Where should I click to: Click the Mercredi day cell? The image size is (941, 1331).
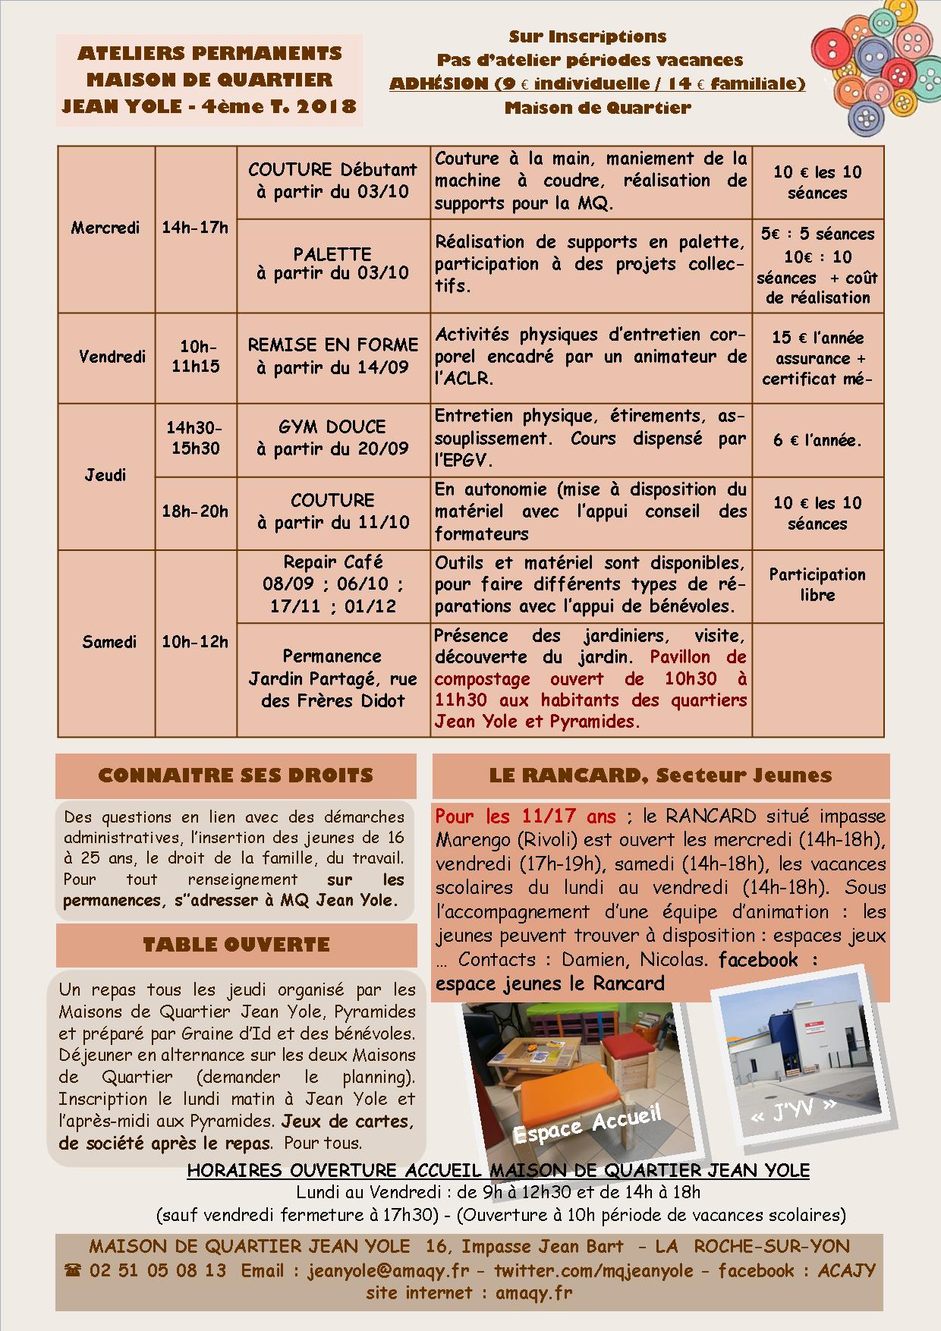[x=105, y=228]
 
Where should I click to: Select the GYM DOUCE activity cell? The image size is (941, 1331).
[x=332, y=438]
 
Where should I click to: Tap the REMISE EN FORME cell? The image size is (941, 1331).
[x=332, y=356]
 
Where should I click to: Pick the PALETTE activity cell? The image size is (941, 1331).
[x=332, y=263]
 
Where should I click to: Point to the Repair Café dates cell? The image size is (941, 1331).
[x=332, y=584]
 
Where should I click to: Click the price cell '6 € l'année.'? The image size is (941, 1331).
[x=817, y=440]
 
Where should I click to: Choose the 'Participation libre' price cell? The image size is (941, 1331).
[x=817, y=585]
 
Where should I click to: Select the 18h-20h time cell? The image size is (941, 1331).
[x=195, y=512]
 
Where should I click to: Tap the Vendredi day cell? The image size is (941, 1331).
[x=112, y=357]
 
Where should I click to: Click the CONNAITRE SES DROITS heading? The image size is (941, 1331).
[x=236, y=776]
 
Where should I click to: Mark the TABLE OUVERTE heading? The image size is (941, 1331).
[x=236, y=945]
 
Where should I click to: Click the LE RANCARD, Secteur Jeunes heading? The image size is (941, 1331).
[x=660, y=776]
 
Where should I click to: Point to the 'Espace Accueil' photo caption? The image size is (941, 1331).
[x=587, y=1123]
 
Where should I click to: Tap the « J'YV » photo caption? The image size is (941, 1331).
[x=793, y=1109]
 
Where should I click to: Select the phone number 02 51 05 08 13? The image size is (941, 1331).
[x=157, y=1270]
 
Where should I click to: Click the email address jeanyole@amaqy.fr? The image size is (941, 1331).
[x=389, y=1270]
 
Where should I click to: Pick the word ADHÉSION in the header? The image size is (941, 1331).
[x=439, y=83]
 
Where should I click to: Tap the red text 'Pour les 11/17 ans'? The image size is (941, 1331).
[x=525, y=817]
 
